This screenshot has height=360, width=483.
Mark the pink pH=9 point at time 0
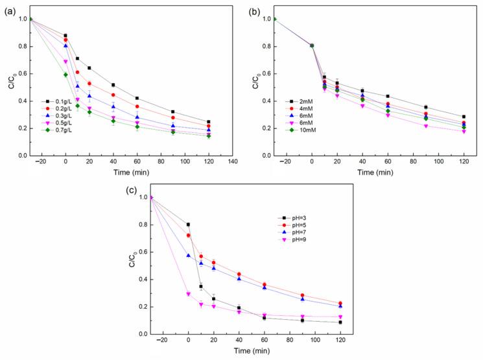tap(189, 294)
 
